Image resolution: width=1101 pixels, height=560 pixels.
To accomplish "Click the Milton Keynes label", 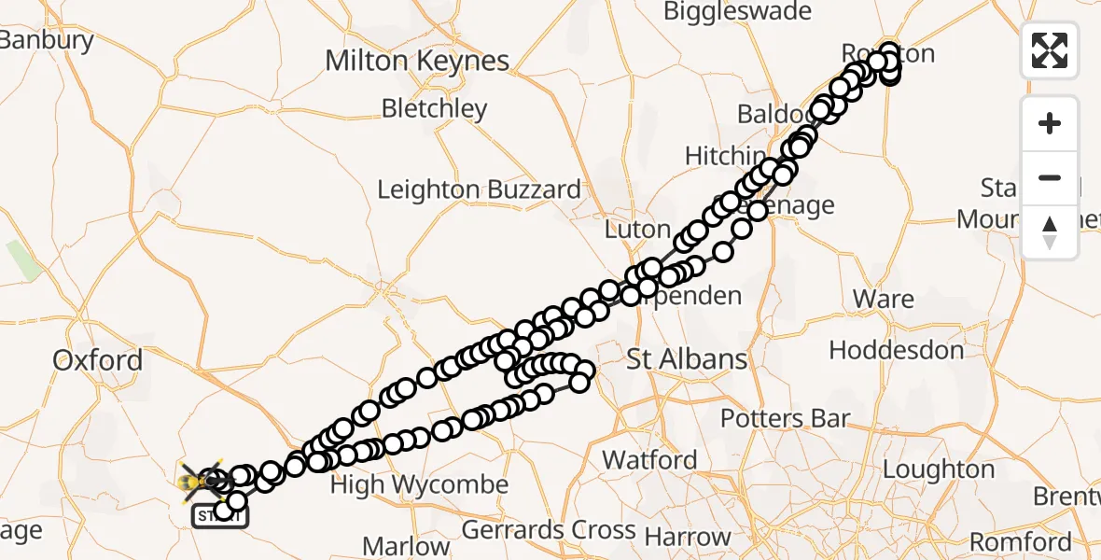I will (417, 62).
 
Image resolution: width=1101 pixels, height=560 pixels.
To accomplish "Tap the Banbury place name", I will (47, 40).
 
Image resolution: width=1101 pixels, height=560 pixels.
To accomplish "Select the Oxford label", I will (98, 360).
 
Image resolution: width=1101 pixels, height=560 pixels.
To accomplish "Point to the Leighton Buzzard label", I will (479, 189).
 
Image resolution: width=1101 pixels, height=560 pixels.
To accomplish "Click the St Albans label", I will (687, 359).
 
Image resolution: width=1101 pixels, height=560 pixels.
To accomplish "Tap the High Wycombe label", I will (419, 484).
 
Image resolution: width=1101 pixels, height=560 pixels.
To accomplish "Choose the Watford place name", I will (649, 459).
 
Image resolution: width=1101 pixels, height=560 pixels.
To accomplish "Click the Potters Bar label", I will (785, 417).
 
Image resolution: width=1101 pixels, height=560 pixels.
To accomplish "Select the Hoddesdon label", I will (896, 351).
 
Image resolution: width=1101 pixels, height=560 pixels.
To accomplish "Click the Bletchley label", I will (435, 108).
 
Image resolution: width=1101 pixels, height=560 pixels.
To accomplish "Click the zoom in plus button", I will (1050, 123).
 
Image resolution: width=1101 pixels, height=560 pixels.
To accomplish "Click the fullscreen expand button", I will (1050, 49).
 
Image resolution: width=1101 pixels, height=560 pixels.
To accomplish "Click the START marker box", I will (219, 516).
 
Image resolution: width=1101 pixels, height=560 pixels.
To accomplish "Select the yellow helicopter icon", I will (199, 482).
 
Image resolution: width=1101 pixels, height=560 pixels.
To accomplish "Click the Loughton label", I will (938, 469).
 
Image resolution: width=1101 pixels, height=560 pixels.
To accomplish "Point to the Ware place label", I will (884, 299).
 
